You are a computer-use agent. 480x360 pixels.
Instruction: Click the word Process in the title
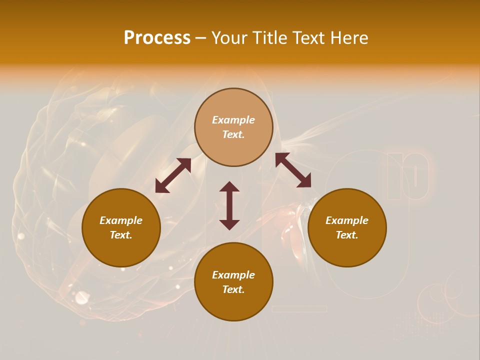pos(157,38)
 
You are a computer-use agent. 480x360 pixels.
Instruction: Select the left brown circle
pos(121,250)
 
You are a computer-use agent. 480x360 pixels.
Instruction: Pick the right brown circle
pos(347,250)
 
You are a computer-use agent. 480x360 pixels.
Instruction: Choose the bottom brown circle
pos(233,304)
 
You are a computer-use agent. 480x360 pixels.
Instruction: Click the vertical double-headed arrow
pos(229,205)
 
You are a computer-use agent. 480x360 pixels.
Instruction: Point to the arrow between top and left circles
pos(173,175)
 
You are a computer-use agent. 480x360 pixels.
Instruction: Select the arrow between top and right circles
pos(293,170)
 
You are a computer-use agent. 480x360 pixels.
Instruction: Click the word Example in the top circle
pos(233,120)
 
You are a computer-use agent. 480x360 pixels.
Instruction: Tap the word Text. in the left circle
pos(121,235)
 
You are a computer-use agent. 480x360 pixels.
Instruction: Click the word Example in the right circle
pos(347,220)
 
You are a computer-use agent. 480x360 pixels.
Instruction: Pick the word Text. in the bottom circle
pos(233,289)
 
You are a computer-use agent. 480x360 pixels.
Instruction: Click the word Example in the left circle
pos(121,220)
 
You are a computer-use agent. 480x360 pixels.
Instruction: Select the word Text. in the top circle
pos(233,134)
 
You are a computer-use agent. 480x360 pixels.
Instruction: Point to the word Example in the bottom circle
pos(233,275)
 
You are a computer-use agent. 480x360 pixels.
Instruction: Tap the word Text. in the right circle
pos(347,235)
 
